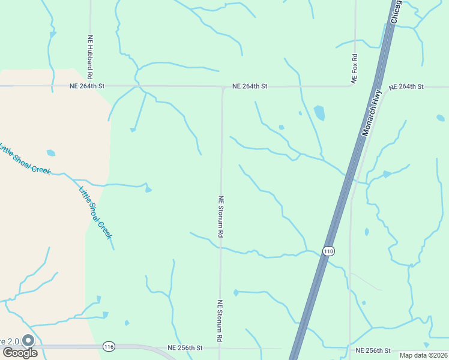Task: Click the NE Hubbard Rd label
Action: coord(90,57)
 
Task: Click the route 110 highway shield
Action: coord(328,250)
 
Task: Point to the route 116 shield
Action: coord(109,347)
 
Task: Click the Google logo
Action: coord(20,353)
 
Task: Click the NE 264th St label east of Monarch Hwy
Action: coord(406,87)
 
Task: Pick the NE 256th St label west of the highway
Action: coord(185,348)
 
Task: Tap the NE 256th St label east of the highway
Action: coord(373,350)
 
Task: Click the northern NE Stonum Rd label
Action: coord(221,217)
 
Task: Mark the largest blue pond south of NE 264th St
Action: coord(319,113)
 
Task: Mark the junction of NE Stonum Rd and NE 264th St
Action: coord(222,87)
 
